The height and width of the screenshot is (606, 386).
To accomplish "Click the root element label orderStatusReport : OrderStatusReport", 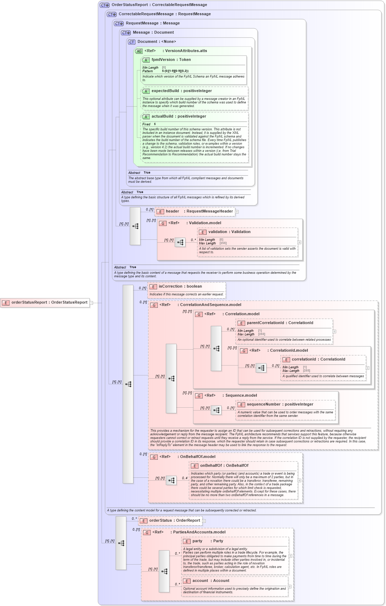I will tap(49, 302).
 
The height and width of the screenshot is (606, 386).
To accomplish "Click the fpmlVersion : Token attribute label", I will tap(171, 60).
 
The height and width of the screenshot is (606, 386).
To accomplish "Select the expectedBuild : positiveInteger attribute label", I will tap(182, 91).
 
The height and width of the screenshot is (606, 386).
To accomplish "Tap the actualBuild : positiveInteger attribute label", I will tap(179, 117).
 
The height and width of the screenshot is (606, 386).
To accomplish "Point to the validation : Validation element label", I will tap(229, 232).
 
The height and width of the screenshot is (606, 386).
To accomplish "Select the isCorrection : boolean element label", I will tap(180, 287).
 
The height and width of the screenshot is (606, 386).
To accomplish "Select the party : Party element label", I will tap(208, 541).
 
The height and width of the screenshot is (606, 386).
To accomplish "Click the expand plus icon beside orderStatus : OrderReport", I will tap(204, 521).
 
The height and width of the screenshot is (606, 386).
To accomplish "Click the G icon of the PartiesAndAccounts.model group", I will tap(147, 532).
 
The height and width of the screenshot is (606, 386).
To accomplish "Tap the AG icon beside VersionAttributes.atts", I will tap(139, 51).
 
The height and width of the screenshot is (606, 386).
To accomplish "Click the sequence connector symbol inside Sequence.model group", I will tap(216, 410).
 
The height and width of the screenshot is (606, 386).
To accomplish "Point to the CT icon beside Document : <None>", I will tap(132, 42).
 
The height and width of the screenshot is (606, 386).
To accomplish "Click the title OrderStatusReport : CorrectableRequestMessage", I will tap(159, 5).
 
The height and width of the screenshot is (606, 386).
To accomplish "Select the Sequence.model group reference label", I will tap(241, 396).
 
